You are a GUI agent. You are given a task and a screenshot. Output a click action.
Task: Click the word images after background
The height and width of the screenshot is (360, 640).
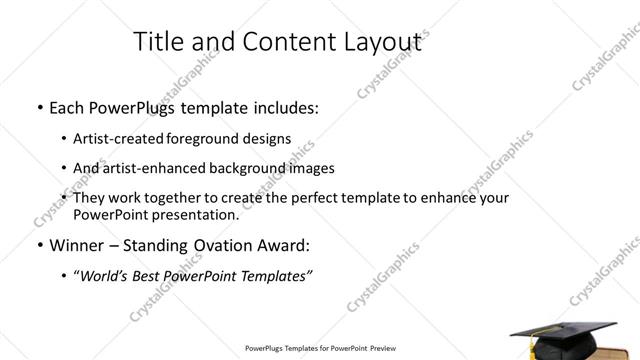pos(306,168)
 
